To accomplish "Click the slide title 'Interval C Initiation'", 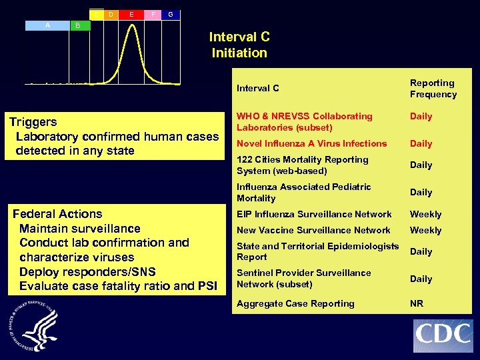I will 239,45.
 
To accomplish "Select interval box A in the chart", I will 47,25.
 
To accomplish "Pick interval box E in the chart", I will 131,14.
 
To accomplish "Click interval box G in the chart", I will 171,14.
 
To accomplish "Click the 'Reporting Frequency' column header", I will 433,89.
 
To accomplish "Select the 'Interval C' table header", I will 258,88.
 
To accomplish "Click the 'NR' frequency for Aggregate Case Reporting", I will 416,303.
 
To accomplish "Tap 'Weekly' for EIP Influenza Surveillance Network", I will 425,214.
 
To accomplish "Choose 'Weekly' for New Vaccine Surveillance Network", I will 425,230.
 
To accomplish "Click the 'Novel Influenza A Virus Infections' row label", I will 311,143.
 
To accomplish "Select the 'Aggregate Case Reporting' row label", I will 295,303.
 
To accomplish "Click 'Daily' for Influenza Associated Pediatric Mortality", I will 421,192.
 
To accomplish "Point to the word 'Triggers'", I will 33,122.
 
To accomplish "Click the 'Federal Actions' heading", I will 58,214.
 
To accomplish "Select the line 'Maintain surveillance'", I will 80,229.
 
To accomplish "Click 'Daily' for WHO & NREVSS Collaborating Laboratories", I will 421,116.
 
